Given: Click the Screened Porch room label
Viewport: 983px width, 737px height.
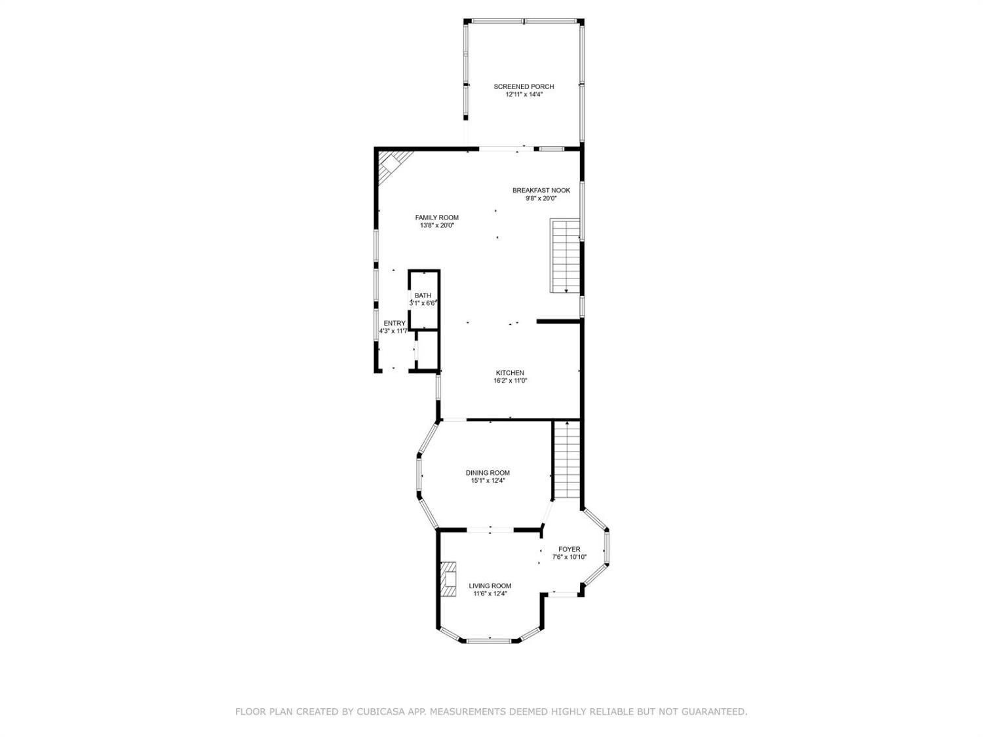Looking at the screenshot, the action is [524, 87].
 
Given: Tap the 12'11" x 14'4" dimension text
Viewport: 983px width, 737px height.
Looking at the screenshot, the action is [524, 95].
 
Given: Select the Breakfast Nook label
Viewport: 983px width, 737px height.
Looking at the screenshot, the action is [541, 191].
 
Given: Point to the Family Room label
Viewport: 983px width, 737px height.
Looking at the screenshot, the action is [436, 218].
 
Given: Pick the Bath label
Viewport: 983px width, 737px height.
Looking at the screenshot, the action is [423, 295].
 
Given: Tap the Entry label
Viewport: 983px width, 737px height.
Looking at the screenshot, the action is [395, 324].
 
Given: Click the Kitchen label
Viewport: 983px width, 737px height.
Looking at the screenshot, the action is [510, 373].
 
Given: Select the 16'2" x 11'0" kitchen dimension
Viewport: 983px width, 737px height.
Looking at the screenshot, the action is [510, 381].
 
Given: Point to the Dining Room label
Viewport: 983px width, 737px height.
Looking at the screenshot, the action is [488, 473].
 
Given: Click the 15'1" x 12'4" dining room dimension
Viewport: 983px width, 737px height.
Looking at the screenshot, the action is [488, 481].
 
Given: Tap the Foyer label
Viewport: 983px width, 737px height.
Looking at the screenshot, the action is [569, 550].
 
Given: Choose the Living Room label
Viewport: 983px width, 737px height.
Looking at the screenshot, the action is [490, 586].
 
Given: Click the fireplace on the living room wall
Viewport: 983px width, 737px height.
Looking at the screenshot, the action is [448, 580].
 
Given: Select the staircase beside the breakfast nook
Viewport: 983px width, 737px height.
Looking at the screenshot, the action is [565, 255].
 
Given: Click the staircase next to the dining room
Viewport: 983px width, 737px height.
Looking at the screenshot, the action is [568, 459].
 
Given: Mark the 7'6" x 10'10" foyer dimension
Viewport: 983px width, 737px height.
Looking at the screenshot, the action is [569, 557].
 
